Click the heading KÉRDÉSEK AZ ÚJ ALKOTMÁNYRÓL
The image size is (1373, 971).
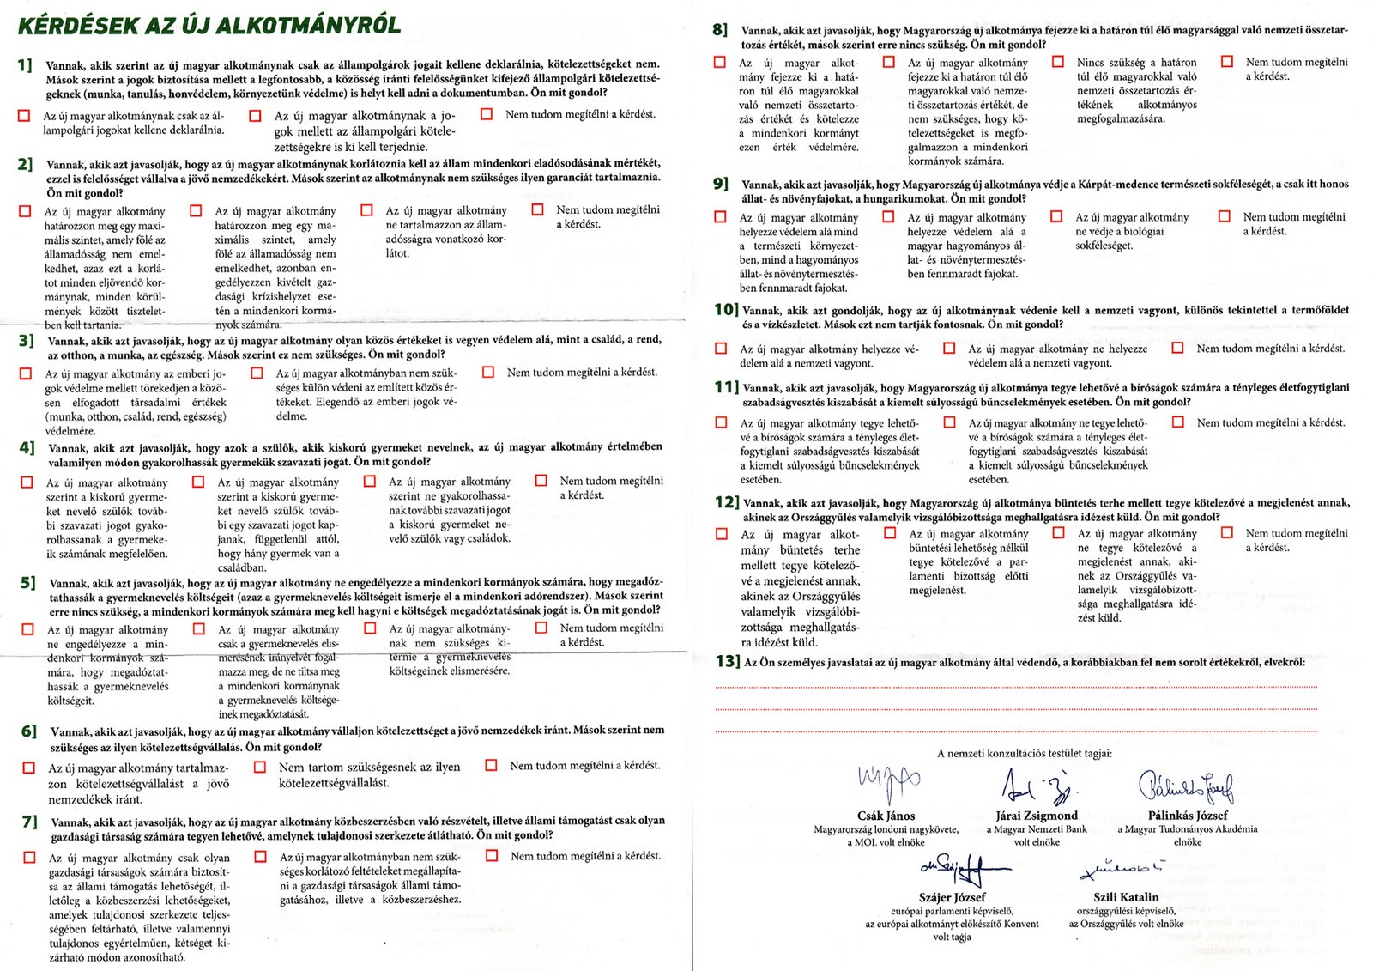[x=209, y=25]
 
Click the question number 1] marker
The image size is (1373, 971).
[x=25, y=65]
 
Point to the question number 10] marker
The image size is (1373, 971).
[x=726, y=310]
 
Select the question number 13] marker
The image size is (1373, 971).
[x=727, y=661]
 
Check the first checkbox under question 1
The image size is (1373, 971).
[x=24, y=116]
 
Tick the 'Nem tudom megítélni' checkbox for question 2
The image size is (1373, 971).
[x=538, y=209]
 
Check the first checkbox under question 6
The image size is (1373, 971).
[x=29, y=768]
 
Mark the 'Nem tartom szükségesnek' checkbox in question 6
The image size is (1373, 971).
[x=260, y=767]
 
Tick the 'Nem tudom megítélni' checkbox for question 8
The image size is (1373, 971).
[x=1227, y=62]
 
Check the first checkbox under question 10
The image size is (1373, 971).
[x=721, y=349]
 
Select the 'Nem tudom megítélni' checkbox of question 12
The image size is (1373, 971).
[x=1227, y=533]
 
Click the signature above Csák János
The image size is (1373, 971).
[x=888, y=782]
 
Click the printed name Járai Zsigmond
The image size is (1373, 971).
[x=1037, y=816]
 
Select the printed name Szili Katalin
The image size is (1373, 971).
[x=1126, y=897]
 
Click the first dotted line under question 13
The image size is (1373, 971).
[x=1031, y=688]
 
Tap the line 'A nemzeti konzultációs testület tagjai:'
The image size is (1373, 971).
[x=1024, y=754]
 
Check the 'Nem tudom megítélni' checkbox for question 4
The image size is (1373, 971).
[x=541, y=481]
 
